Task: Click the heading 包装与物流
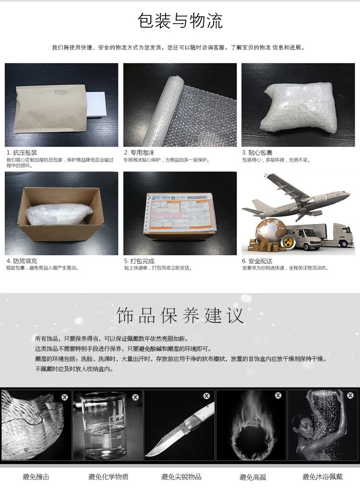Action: click(180, 22)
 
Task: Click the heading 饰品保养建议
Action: click(180, 315)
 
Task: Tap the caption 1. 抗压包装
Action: click(22, 152)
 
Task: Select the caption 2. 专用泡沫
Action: click(139, 152)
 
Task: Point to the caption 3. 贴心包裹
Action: click(257, 152)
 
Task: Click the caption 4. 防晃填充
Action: click(22, 261)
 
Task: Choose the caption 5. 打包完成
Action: click(139, 261)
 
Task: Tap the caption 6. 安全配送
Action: click(257, 261)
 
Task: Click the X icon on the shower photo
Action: click(349, 396)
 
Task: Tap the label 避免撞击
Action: click(36, 477)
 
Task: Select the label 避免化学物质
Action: click(108, 477)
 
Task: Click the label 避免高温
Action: click(252, 477)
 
